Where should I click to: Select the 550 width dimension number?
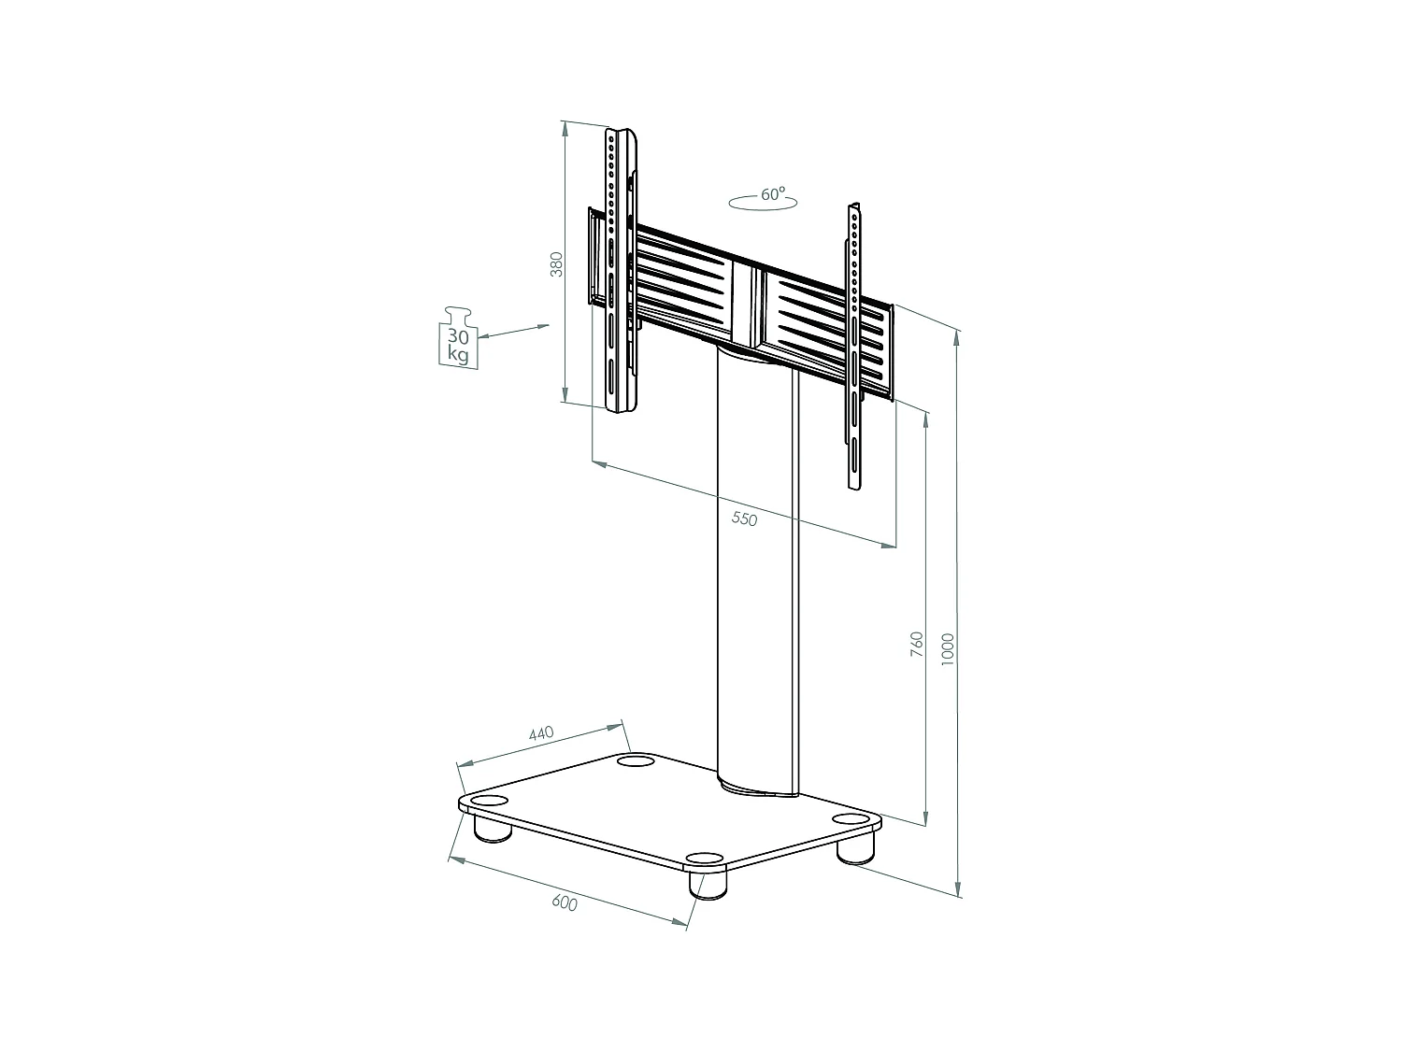744,518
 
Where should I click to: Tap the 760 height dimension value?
917,645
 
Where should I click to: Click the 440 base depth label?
541,733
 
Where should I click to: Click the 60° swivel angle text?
772,194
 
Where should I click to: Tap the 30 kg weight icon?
458,337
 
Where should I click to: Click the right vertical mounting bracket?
854,346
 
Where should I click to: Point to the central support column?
757,570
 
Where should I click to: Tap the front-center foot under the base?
708,884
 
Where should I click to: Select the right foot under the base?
854,848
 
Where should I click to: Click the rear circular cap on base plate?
636,763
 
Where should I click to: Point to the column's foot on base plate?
759,791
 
